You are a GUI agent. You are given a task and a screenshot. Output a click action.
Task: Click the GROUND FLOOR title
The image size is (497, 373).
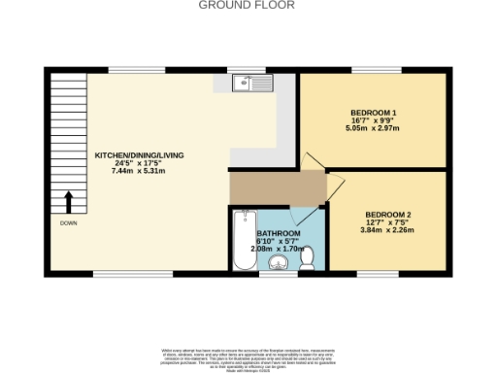(248, 5)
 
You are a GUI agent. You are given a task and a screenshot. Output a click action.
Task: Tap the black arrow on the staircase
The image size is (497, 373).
(68, 201)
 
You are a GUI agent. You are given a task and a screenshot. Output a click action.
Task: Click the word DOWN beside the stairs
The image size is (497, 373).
(68, 222)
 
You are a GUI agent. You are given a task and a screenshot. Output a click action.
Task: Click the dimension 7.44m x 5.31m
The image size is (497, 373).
(140, 171)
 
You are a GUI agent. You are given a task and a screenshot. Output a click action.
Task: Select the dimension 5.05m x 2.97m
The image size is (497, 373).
(374, 129)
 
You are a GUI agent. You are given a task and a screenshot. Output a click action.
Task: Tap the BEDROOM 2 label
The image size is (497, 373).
(388, 214)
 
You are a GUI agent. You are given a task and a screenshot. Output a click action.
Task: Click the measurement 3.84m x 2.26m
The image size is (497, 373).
(388, 229)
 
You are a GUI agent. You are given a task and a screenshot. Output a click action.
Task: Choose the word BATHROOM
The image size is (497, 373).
(278, 234)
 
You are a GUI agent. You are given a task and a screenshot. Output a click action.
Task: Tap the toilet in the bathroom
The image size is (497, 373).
(306, 258)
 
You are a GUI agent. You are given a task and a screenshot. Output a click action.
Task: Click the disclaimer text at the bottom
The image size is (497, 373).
(248, 356)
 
